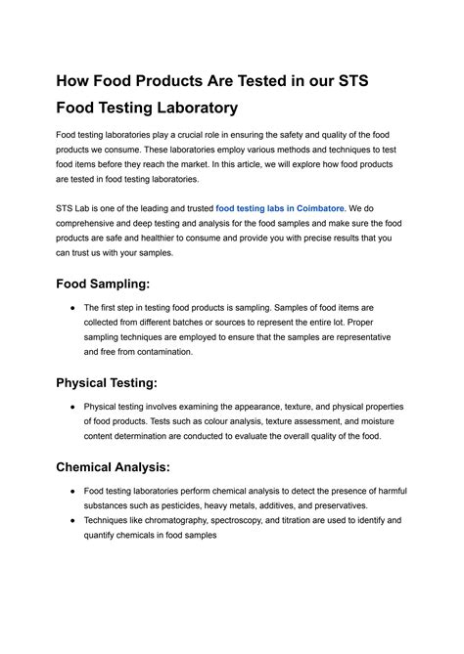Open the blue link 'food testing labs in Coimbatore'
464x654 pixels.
(280, 208)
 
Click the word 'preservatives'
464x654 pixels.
(335, 505)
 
